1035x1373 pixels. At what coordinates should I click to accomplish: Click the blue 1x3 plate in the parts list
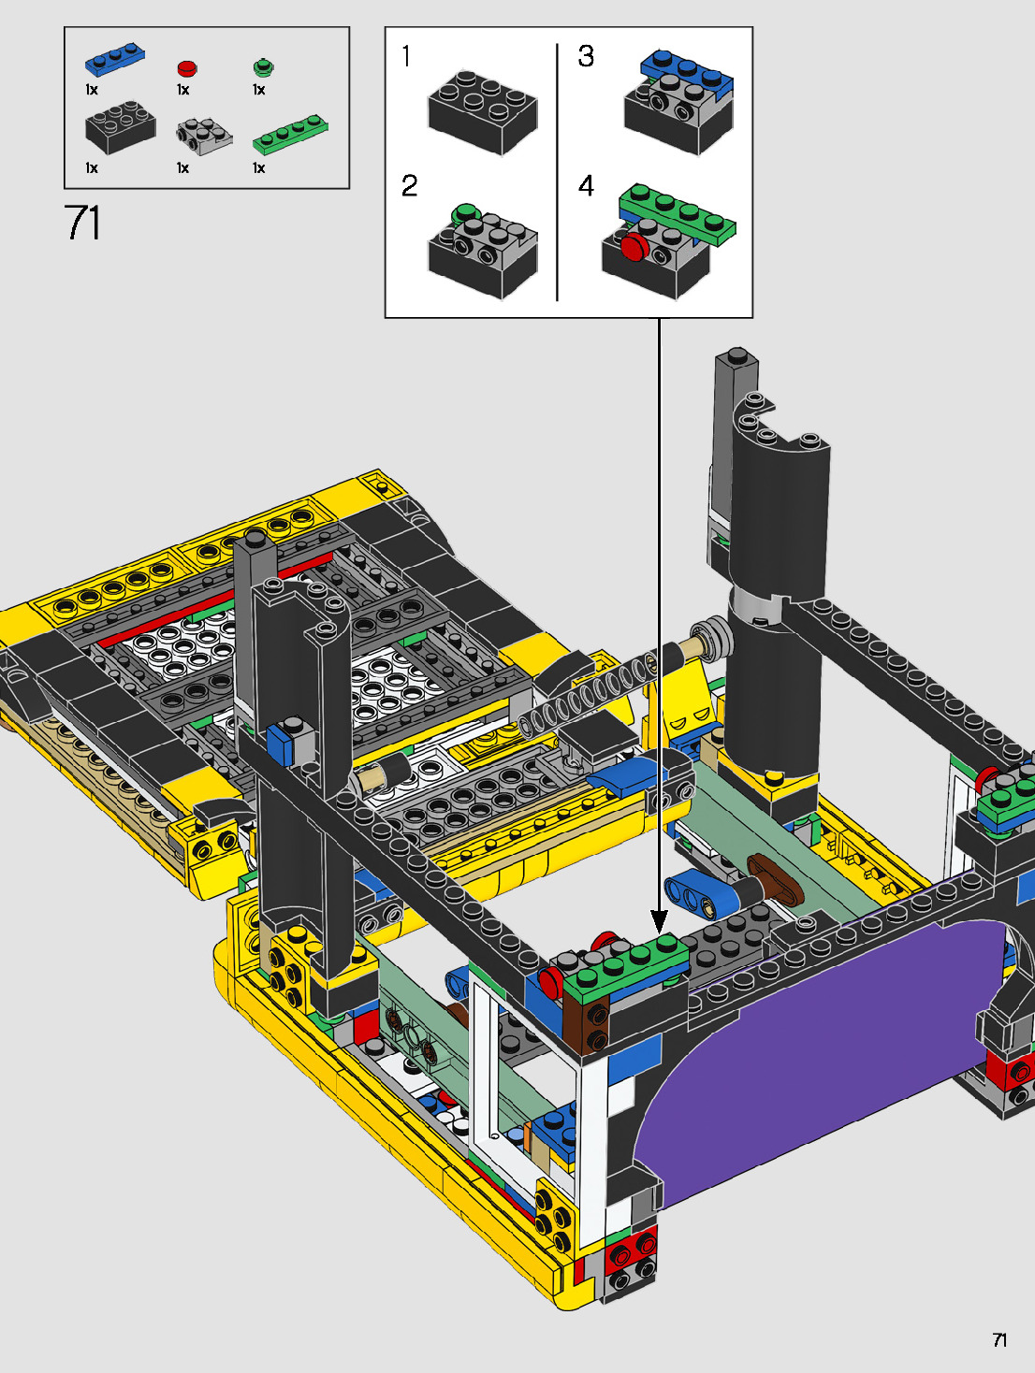115,60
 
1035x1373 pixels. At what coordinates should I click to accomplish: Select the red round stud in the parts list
187,67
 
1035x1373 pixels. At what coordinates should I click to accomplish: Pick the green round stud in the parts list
264,66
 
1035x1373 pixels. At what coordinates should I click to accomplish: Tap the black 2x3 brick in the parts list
121,127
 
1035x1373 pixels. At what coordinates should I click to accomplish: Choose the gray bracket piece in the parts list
204,137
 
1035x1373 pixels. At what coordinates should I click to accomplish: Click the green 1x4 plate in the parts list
290,134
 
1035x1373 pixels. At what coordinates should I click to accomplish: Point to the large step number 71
82,223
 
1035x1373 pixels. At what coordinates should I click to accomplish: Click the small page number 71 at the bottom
999,1339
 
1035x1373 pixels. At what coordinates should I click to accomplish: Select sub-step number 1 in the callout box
407,56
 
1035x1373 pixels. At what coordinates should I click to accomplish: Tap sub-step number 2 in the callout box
409,186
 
